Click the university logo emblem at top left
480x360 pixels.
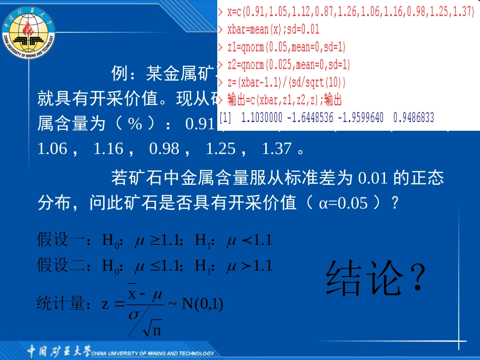[x=28, y=29]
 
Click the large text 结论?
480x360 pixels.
[x=374, y=278]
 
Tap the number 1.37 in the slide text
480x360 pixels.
[x=276, y=148]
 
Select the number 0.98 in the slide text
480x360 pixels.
[x=164, y=148]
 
